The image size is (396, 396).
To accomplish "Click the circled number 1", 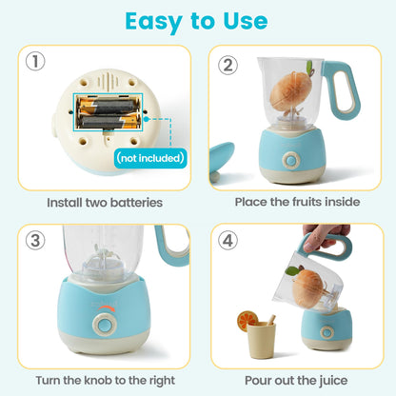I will [x=36, y=62].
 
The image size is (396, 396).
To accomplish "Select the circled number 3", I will [x=36, y=240].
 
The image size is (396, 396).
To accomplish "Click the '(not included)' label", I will [x=148, y=157].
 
